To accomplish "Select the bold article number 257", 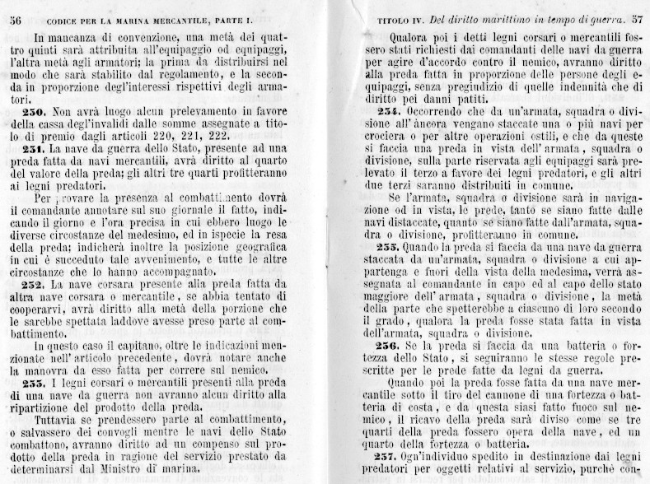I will [x=390, y=458].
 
